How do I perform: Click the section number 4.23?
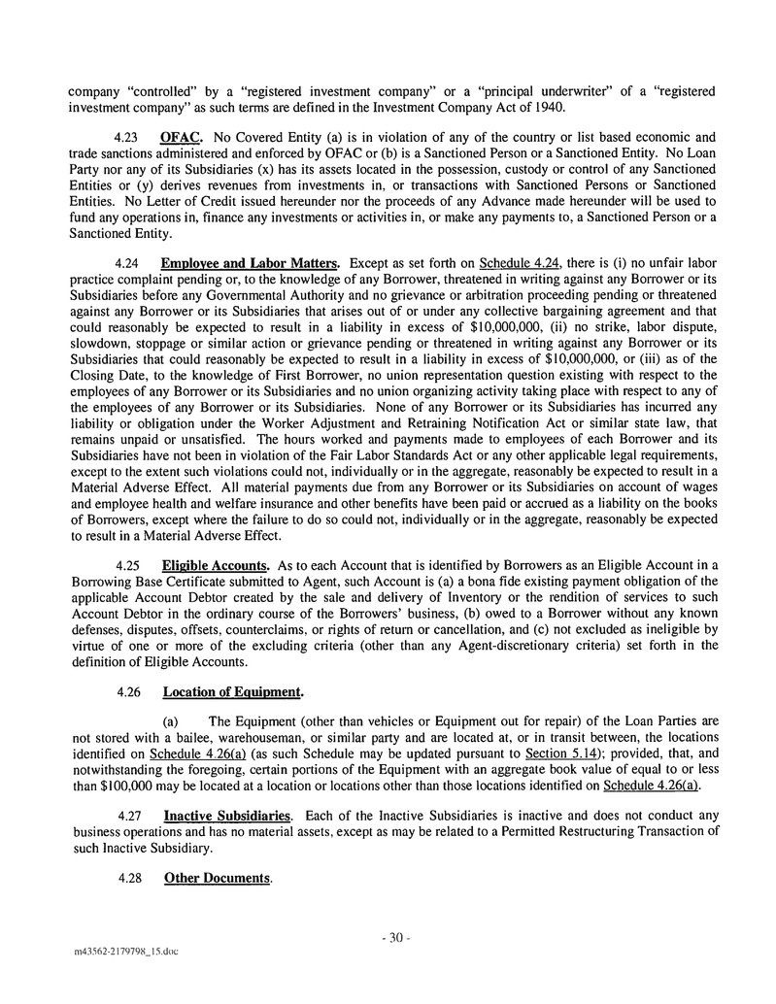pyautogui.click(x=128, y=138)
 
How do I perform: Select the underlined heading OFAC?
pyautogui.click(x=180, y=138)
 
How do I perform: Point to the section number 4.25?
pyautogui.click(x=128, y=565)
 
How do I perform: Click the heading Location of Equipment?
pyautogui.click(x=233, y=692)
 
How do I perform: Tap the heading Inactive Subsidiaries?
pyautogui.click(x=228, y=819)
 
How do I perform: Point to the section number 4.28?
pyautogui.click(x=128, y=879)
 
